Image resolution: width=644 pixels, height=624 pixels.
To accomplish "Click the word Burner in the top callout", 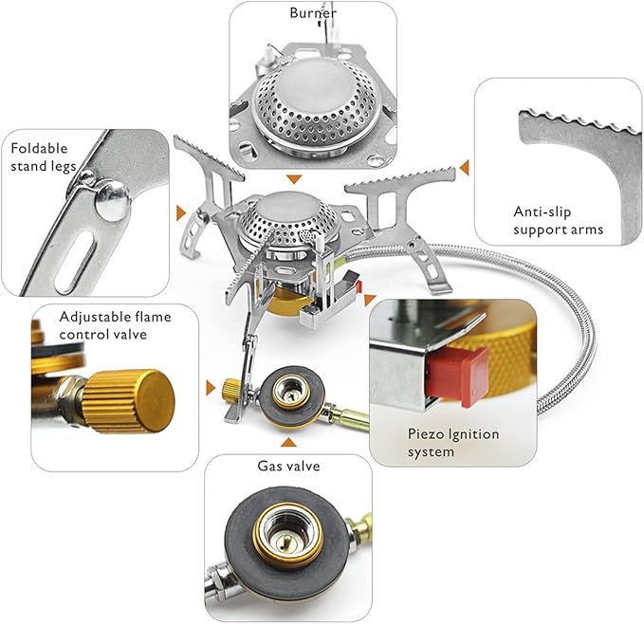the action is click(x=313, y=12).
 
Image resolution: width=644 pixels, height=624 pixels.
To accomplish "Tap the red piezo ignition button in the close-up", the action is click(x=458, y=376).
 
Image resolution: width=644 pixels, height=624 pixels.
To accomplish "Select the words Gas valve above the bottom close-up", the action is click(x=288, y=466).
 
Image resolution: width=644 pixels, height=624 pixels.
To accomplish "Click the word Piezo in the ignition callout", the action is click(x=425, y=434).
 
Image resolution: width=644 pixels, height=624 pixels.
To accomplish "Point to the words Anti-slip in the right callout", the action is click(x=543, y=211).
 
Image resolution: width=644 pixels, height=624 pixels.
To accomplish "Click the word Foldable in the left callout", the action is click(x=39, y=148).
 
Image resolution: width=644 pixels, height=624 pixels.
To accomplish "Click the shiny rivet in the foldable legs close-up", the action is click(x=113, y=202).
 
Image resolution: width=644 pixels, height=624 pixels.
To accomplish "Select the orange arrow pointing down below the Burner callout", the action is click(x=294, y=179).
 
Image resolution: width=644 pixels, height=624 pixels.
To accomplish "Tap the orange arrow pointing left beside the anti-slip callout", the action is click(x=465, y=168).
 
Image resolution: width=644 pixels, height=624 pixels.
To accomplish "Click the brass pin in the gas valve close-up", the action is click(x=284, y=543).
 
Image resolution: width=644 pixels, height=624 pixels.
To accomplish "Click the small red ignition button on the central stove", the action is click(x=359, y=285).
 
